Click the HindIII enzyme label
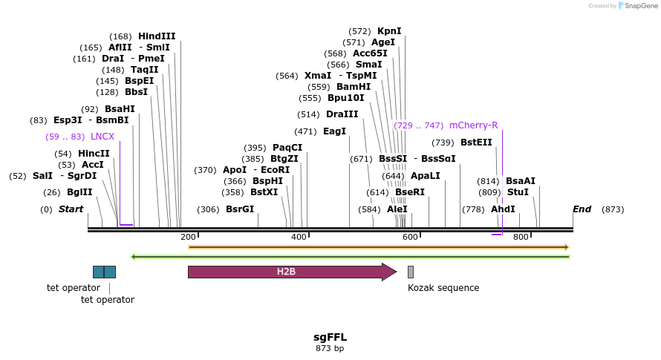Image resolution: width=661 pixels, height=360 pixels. click(157, 36)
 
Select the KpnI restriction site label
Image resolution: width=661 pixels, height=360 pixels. click(389, 31)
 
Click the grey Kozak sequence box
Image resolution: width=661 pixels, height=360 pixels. click(411, 272)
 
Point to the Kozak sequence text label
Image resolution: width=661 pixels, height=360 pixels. click(443, 288)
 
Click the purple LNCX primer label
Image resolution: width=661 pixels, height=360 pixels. click(102, 137)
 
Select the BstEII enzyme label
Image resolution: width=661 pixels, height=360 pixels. click(476, 143)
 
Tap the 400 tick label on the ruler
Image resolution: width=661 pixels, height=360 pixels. click(299, 237)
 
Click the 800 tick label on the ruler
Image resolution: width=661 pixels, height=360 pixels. click(521, 237)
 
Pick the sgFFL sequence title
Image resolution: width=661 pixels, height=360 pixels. click(330, 337)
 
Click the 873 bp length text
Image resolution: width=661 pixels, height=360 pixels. click(330, 348)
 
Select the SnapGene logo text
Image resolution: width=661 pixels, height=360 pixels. click(639, 6)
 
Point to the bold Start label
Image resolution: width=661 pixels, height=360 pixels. click(71, 209)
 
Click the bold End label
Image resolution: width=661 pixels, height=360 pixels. click(582, 209)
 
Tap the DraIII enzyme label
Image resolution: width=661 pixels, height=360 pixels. click(342, 114)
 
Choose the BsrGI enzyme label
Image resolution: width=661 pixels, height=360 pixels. click(240, 209)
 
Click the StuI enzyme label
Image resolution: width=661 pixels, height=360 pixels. click(518, 192)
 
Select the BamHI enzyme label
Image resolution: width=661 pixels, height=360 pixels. click(354, 87)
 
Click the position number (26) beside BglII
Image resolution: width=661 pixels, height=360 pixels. click(52, 192)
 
